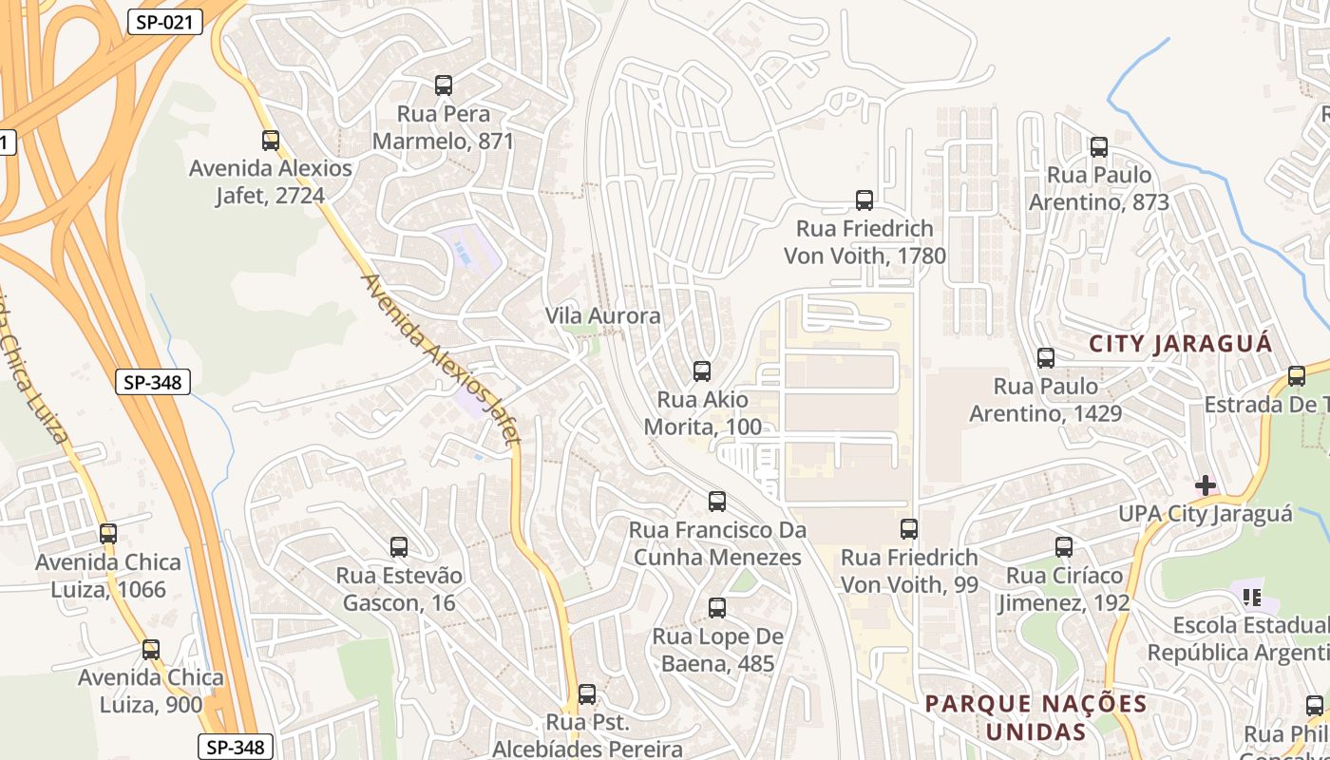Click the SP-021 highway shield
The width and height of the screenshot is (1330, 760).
(165, 22)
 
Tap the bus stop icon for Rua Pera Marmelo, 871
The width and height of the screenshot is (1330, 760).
(444, 85)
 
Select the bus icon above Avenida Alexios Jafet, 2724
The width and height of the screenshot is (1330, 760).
(271, 141)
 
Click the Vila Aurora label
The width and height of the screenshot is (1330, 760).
(602, 315)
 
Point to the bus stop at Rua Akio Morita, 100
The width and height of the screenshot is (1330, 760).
(702, 371)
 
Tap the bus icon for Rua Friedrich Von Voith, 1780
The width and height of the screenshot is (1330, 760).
(864, 200)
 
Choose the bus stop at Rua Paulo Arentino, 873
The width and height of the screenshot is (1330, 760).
(1099, 147)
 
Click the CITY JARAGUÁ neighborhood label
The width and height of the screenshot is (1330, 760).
(1180, 344)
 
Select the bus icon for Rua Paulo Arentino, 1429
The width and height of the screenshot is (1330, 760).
(1046, 358)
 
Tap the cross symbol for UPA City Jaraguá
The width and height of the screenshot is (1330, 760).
(1206, 485)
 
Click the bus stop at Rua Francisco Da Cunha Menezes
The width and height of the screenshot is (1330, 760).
(717, 502)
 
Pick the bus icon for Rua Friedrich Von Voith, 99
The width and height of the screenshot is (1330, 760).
(909, 529)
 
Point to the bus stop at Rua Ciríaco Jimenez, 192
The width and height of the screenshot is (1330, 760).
(1064, 547)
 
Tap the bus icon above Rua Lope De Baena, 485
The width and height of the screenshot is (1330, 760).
(717, 608)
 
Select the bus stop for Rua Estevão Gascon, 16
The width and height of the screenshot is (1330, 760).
(399, 547)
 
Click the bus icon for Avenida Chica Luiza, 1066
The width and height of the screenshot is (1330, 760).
(108, 534)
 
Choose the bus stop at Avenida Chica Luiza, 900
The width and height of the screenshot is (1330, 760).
(151, 650)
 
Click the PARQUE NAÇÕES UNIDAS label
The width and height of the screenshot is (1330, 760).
(1035, 717)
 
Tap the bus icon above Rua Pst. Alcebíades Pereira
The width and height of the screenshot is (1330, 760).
(587, 694)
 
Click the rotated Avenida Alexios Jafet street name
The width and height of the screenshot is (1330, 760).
(442, 360)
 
